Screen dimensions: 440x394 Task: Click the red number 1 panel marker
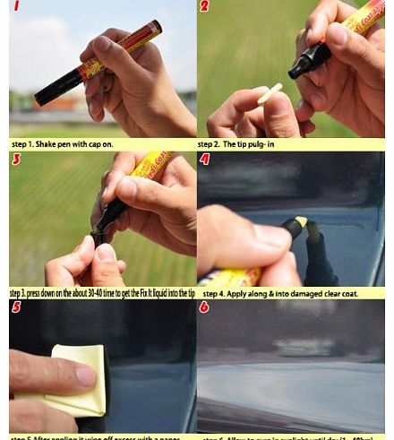click(x=16, y=7)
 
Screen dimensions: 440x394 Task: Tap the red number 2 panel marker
click(x=204, y=7)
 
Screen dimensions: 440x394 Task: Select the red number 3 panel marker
click(x=16, y=160)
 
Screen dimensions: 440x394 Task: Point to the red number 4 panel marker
click(x=205, y=160)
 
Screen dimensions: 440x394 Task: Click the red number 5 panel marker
click(x=16, y=307)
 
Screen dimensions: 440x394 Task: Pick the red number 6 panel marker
click(x=205, y=307)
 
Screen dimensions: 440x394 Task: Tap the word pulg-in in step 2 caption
click(x=266, y=143)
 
